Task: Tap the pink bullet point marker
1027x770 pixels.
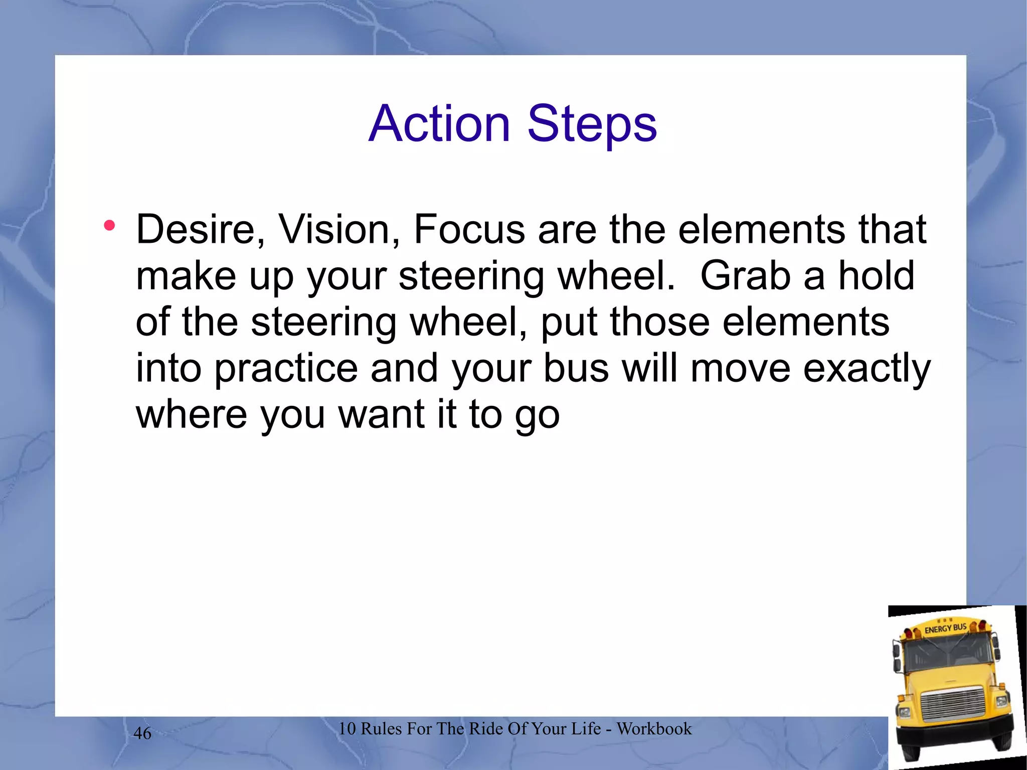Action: pyautogui.click(x=109, y=225)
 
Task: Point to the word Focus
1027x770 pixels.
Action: pyautogui.click(x=469, y=229)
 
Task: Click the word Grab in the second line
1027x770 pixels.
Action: pyautogui.click(x=745, y=275)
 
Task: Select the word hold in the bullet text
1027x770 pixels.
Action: pyautogui.click(x=877, y=275)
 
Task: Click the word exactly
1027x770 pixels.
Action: pyautogui.click(x=867, y=369)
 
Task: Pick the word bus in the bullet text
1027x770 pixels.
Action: pyautogui.click(x=576, y=368)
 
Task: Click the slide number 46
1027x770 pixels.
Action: pyautogui.click(x=142, y=733)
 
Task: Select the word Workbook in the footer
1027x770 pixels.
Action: pyautogui.click(x=654, y=728)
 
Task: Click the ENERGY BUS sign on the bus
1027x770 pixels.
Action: pyautogui.click(x=945, y=628)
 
